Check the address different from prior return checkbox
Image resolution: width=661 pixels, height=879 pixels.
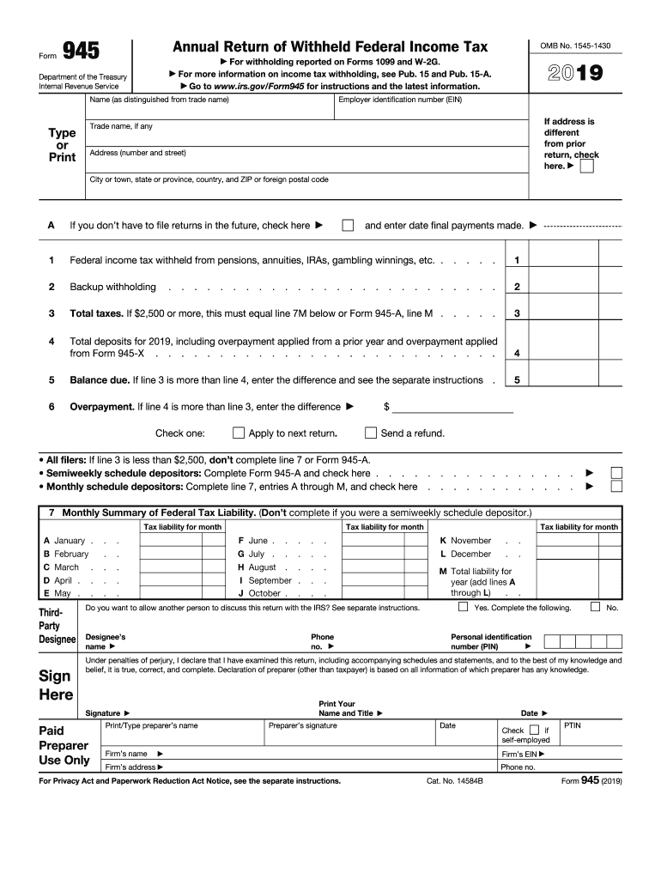tap(586, 167)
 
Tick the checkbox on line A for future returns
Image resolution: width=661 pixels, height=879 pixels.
tap(348, 226)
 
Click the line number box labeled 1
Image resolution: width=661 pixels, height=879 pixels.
tap(517, 260)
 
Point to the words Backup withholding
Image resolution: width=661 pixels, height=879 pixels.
tap(112, 287)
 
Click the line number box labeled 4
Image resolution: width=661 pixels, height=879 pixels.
tap(517, 353)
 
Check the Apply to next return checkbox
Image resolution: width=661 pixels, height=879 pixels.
tap(240, 433)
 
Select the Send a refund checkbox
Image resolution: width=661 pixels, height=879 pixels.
tap(371, 433)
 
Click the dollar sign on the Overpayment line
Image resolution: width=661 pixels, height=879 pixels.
tap(386, 407)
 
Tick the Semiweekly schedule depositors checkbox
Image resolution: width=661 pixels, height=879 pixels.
tap(616, 473)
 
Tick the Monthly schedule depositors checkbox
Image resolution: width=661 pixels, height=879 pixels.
tap(616, 487)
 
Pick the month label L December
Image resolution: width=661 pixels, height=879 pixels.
tap(465, 555)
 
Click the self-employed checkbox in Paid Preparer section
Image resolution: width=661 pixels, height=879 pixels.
tap(534, 730)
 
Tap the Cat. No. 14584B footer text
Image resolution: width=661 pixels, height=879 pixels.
tap(454, 781)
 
